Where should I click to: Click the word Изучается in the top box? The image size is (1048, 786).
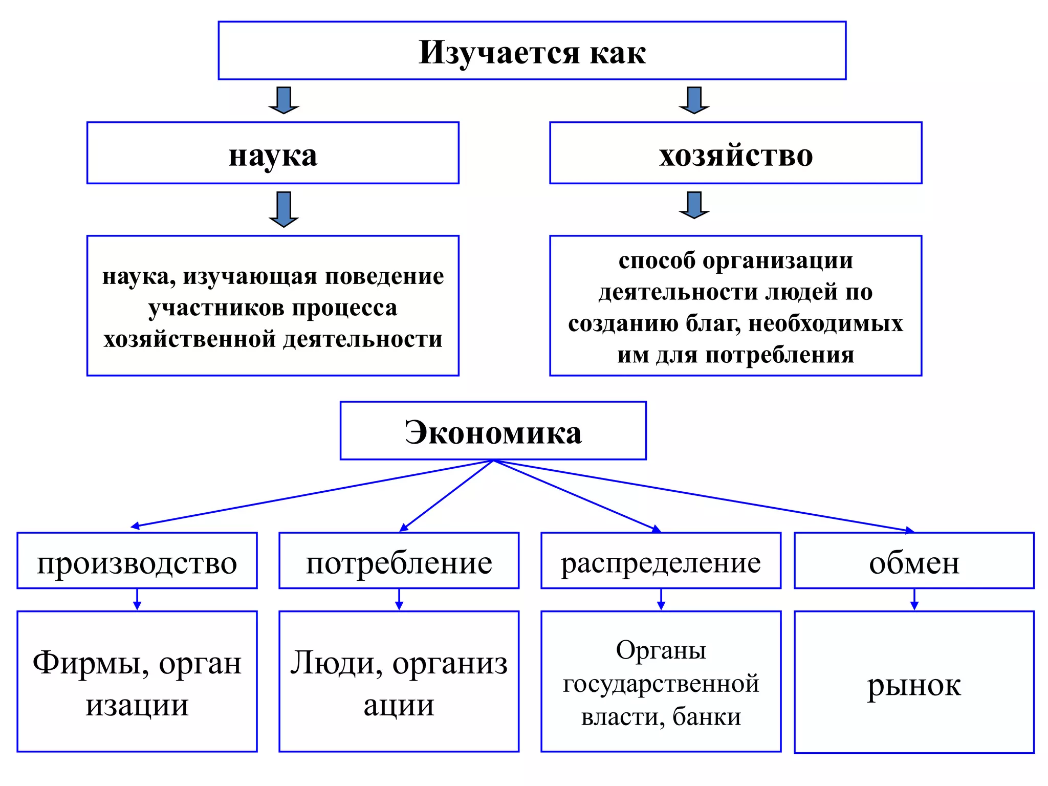click(x=499, y=53)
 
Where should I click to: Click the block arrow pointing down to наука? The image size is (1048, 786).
click(x=283, y=100)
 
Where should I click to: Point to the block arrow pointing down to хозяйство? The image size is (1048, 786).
click(x=694, y=100)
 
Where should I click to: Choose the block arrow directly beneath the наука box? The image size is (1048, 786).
click(x=283, y=209)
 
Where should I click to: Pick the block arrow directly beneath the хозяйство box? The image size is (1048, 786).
click(x=694, y=205)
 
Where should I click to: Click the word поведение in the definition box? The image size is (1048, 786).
click(x=385, y=277)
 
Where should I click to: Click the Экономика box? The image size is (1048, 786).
click(x=493, y=431)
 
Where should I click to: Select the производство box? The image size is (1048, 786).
click(x=137, y=561)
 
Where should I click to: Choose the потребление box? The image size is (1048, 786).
click(x=399, y=561)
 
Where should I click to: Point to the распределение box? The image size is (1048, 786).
click(x=661, y=561)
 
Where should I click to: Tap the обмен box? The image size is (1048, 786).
click(x=914, y=561)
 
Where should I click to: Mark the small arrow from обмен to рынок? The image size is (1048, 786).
click(x=914, y=600)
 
